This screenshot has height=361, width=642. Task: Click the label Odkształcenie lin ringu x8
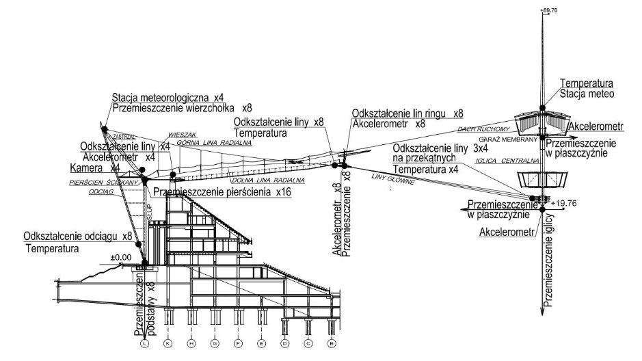[x=408, y=113]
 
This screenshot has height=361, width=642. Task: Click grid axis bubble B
[x=332, y=344]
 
